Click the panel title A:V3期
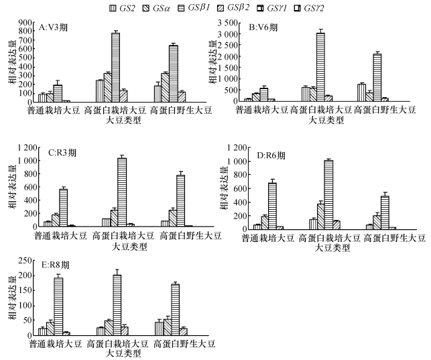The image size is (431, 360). (56, 27)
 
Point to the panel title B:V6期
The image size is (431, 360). (264, 28)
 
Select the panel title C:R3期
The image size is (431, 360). (62, 152)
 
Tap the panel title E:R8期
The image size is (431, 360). (56, 264)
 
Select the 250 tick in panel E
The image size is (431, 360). (25, 260)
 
